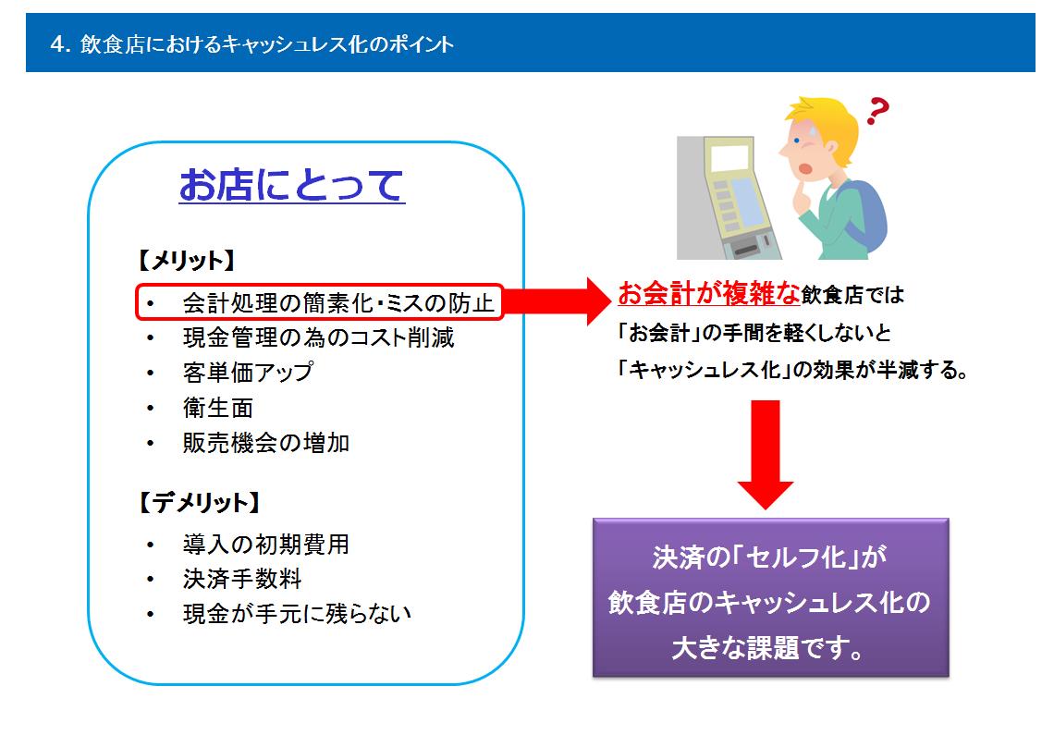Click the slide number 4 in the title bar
tap(58, 44)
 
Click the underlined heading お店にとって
tap(292, 185)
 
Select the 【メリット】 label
tap(186, 260)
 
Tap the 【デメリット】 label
tap(199, 502)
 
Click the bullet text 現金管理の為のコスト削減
tap(319, 337)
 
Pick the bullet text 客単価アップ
tap(248, 373)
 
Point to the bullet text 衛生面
tap(218, 409)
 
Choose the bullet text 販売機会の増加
tap(266, 443)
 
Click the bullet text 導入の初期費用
tap(266, 544)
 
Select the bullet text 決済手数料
tap(242, 579)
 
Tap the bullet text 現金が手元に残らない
tap(297, 613)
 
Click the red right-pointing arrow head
tap(597, 301)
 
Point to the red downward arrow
tap(765, 455)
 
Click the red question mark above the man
tap(877, 111)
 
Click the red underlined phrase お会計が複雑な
tap(708, 293)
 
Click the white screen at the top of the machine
tap(730, 158)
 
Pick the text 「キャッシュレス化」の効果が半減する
tap(790, 370)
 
